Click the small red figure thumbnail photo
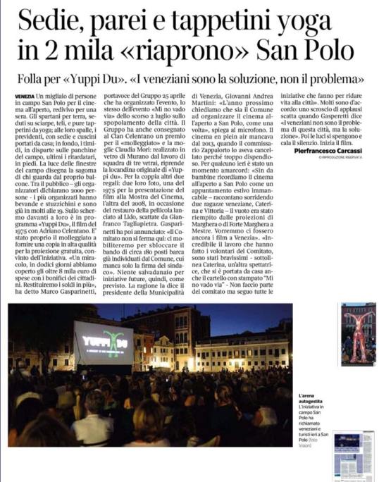click(357, 334)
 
